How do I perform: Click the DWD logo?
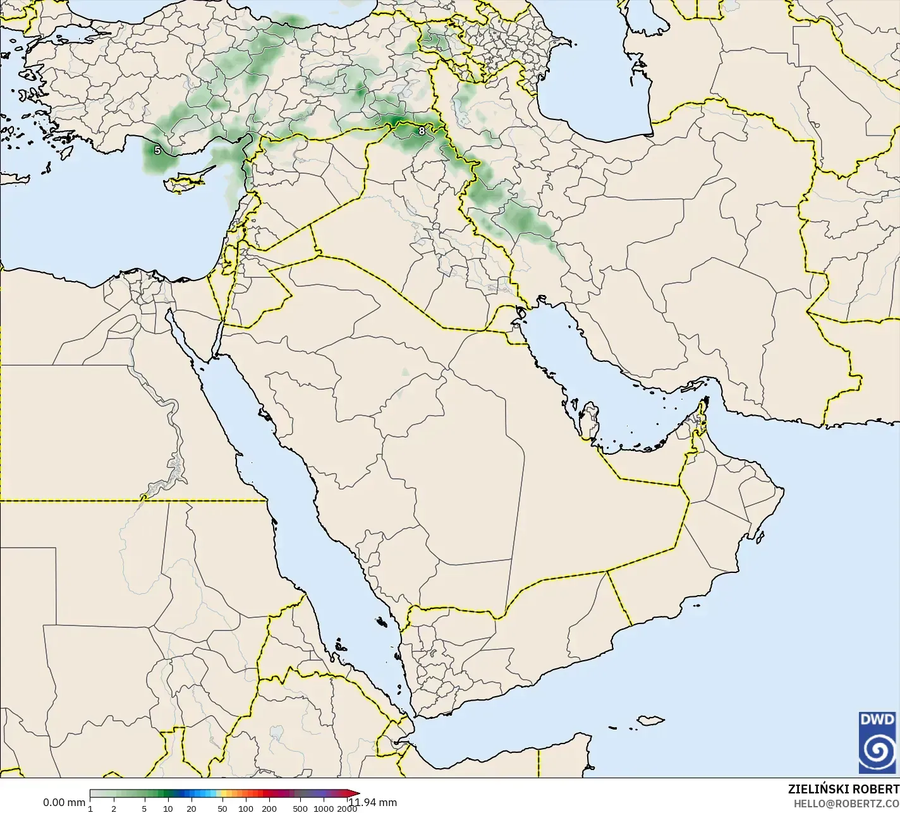coord(877,742)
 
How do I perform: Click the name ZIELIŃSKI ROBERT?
coord(843,789)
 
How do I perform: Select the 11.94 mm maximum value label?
coord(375,802)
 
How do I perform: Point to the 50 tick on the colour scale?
coord(222,809)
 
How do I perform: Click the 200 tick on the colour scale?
coord(269,809)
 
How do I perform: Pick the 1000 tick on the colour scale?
coord(323,809)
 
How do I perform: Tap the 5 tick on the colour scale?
coord(144,809)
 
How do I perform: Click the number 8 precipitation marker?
coord(422,131)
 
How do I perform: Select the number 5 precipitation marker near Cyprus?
coord(157,150)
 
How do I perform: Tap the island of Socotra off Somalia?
coord(650,720)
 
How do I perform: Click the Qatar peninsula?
coord(590,421)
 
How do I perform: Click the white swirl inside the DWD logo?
coord(877,750)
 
